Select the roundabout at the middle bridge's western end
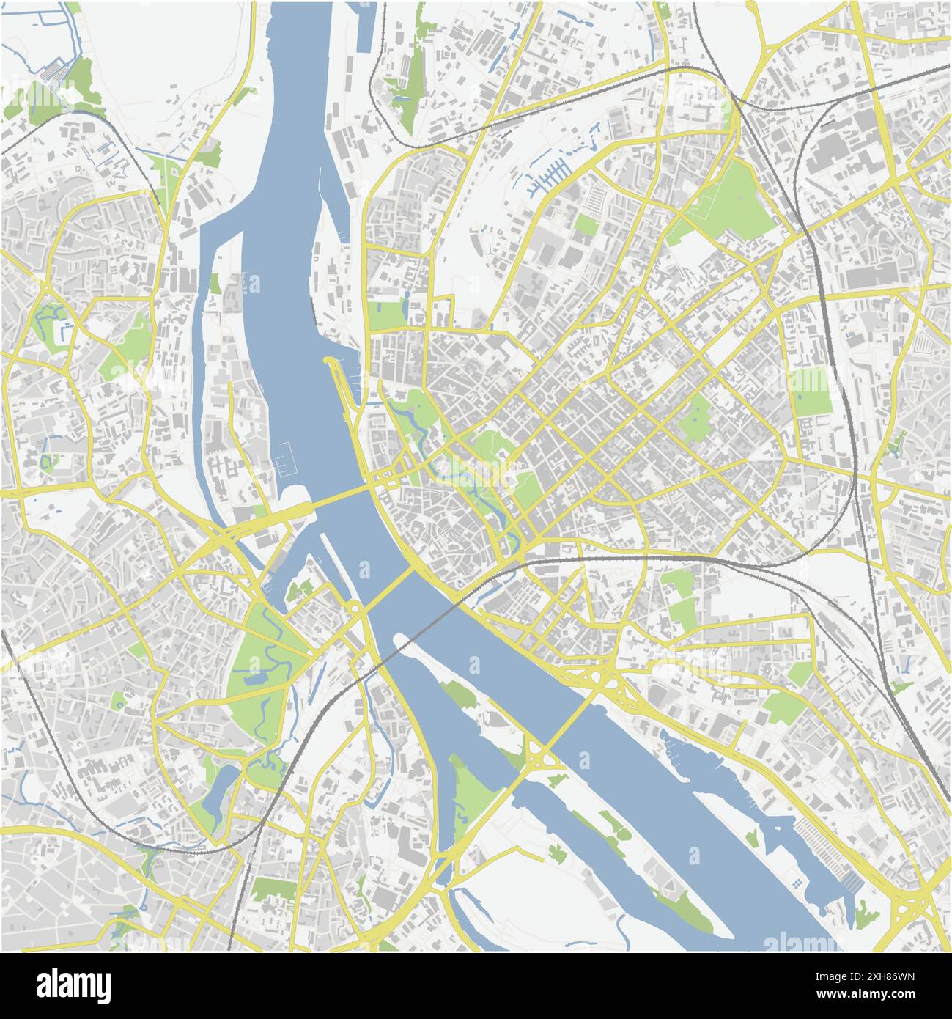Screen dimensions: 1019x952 coord(355,608)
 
